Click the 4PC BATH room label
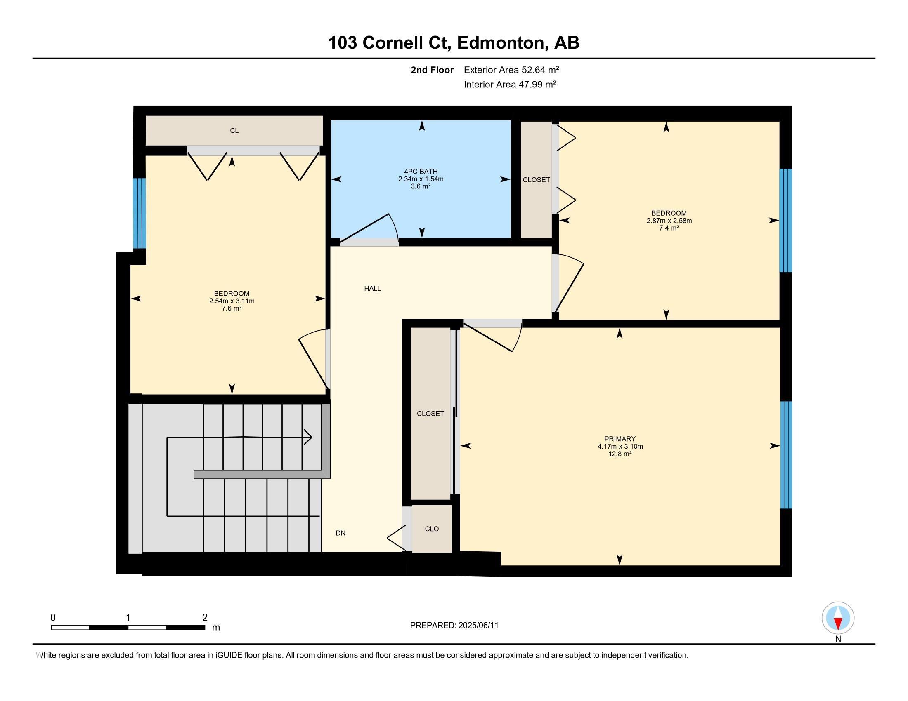[x=421, y=172]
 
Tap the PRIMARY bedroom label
[x=620, y=439]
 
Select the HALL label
[x=373, y=289]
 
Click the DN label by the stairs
[x=340, y=533]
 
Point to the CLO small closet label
[x=432, y=529]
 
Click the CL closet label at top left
[x=234, y=131]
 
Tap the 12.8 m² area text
[x=620, y=454]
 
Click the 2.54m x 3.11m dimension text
[x=232, y=301]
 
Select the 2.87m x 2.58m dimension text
[x=669, y=221]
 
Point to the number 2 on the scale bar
[x=205, y=618]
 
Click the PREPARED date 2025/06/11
[x=478, y=626]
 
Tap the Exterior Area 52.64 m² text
[x=511, y=70]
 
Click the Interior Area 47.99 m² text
[x=510, y=84]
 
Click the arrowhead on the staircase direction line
[x=308, y=437]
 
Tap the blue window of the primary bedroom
[x=786, y=455]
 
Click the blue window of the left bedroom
[x=139, y=213]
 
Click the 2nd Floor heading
[x=432, y=70]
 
